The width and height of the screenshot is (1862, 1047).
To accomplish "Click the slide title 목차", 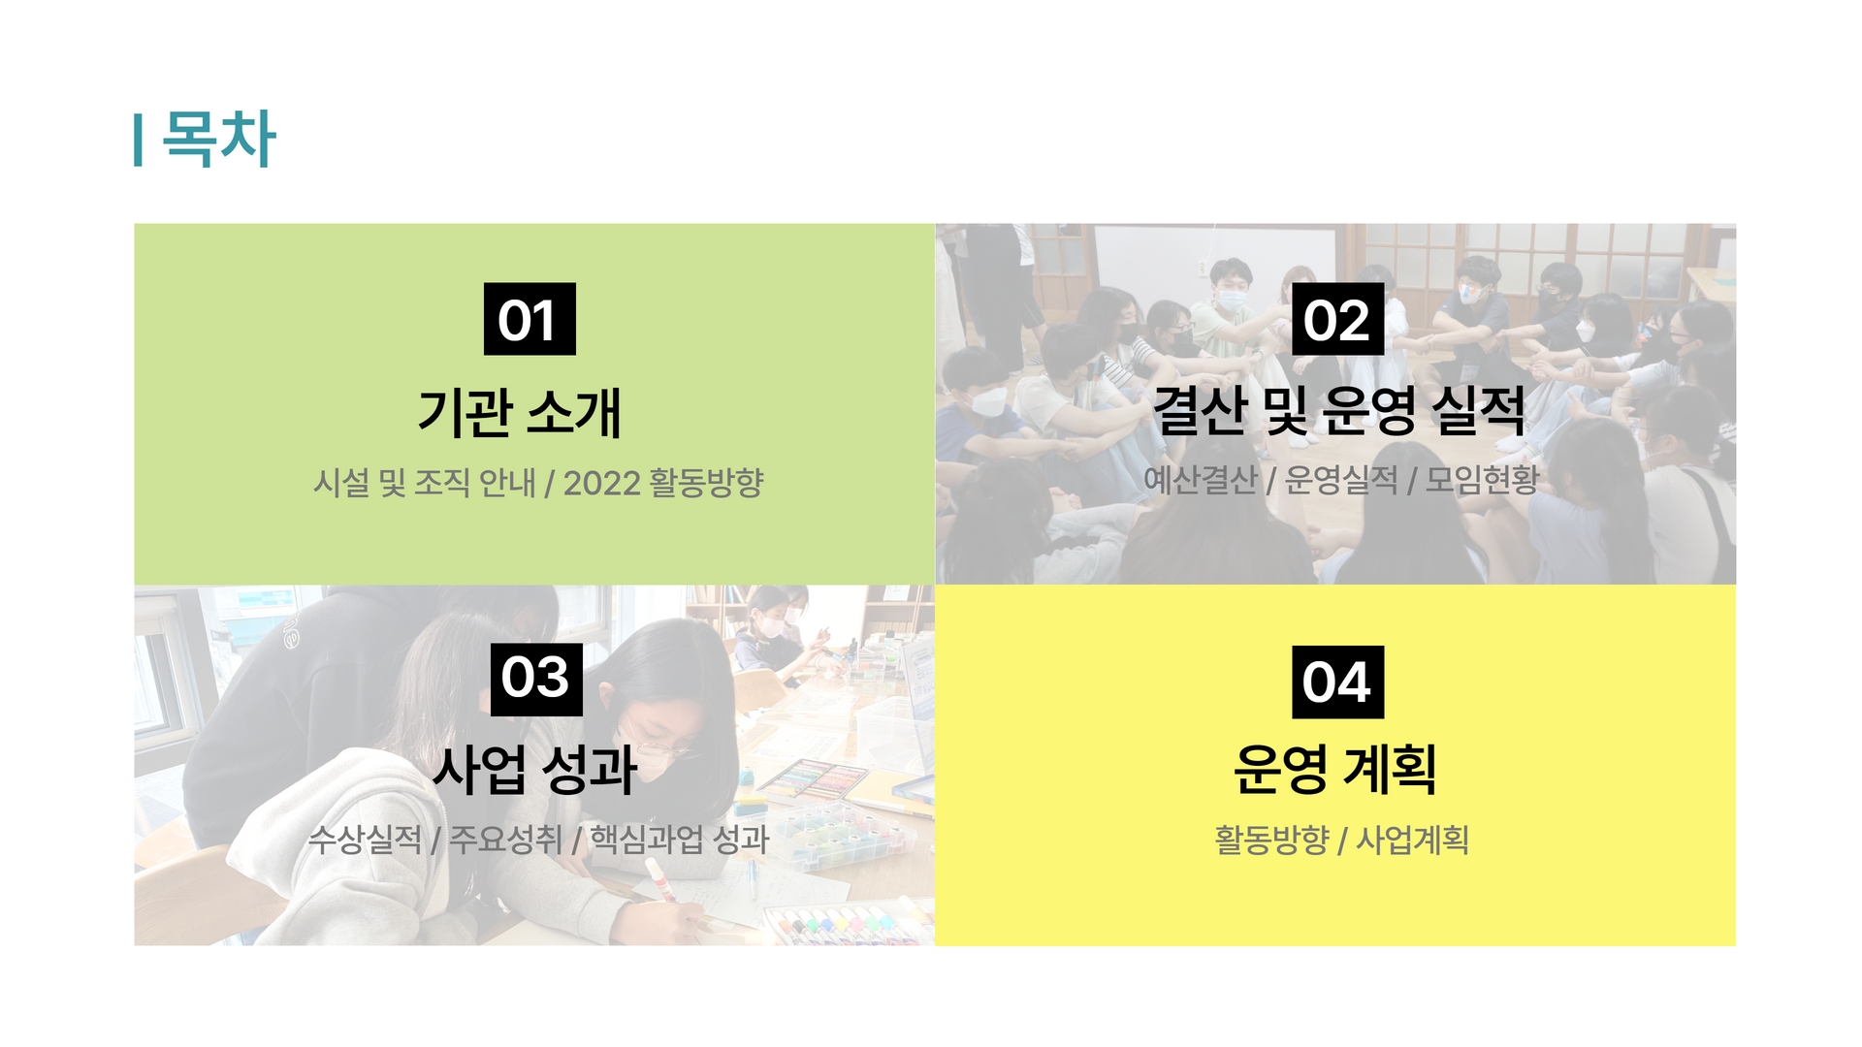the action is point(219,139).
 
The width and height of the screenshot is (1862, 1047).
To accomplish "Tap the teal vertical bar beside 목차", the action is point(139,140).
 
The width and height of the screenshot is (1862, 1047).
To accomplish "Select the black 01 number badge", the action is point(530,319).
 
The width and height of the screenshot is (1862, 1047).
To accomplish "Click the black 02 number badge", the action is point(1337,319).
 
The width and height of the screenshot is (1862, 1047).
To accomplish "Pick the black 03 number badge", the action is point(536,679).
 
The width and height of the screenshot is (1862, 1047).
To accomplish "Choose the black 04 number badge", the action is point(1337,682).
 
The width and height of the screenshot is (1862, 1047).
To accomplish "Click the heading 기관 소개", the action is point(520,412).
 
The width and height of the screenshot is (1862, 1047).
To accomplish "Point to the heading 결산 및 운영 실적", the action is point(1339,409).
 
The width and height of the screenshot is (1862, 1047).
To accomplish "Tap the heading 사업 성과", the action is point(534,770).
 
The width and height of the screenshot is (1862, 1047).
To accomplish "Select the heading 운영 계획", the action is point(1335,769).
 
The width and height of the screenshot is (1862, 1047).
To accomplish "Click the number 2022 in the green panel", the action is point(602,483).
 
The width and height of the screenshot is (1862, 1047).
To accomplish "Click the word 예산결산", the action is point(1201,479).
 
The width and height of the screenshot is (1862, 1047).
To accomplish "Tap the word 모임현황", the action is point(1482,479).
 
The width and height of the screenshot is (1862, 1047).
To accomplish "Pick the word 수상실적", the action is point(365,840).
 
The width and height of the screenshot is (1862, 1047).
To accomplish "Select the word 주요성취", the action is point(505,840).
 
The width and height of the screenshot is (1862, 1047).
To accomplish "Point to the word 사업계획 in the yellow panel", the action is point(1412,840).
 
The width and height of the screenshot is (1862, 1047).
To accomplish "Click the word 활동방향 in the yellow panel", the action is point(1271,840).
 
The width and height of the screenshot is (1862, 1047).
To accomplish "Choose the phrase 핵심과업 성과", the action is point(680,840).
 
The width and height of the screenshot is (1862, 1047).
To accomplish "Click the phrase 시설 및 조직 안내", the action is point(424,483).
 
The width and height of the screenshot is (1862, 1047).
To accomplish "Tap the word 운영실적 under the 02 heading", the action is point(1341,479).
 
